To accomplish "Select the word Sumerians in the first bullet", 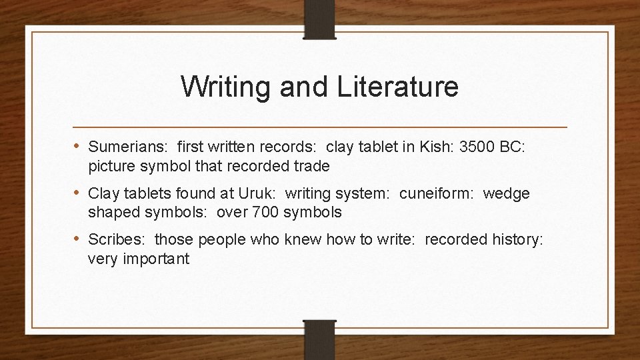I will (127, 146).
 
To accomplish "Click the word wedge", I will (506, 194).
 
